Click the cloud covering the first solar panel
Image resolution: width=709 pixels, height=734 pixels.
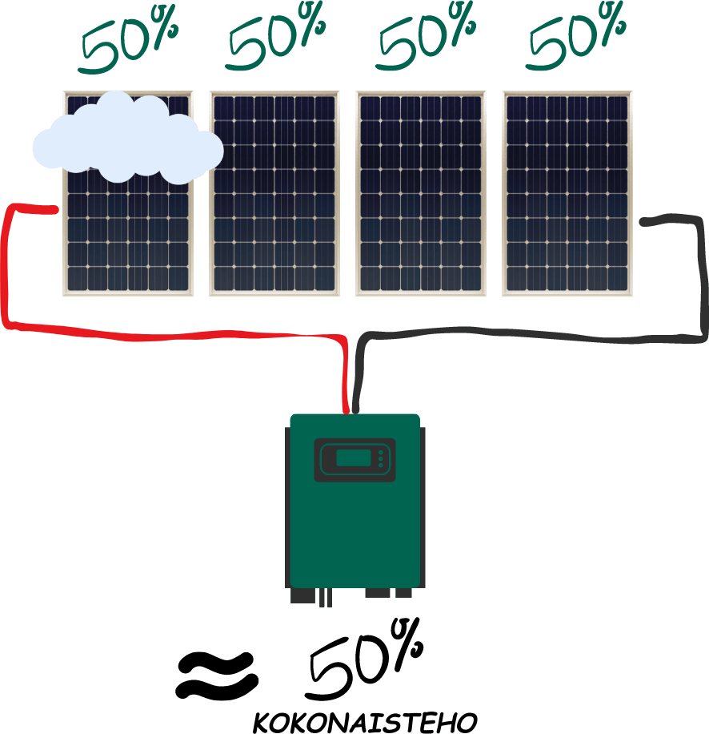point(127,138)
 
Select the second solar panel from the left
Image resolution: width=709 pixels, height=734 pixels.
point(274,193)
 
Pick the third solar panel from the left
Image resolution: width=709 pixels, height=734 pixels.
point(421,193)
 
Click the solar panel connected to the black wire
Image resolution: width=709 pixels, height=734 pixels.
point(567,193)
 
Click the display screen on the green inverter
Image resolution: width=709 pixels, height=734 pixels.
point(354,458)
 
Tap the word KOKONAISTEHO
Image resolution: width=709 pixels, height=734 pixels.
point(365,722)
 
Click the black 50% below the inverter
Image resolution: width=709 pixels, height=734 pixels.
point(365,660)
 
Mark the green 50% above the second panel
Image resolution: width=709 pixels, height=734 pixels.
point(276,38)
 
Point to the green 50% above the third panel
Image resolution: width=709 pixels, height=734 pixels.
point(427,38)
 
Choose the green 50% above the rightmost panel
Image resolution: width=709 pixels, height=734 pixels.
point(576,38)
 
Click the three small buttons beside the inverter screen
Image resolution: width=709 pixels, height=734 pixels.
point(381,459)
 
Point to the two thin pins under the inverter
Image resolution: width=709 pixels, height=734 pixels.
point(326,598)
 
